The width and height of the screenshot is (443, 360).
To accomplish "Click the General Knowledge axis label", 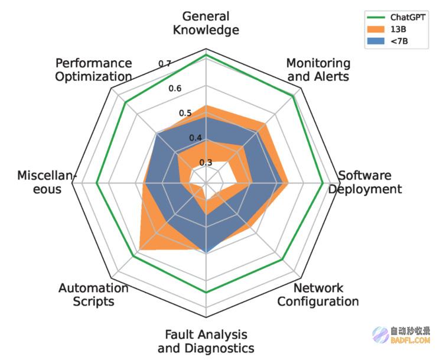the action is (206, 23).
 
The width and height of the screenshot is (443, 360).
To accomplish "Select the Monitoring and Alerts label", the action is (318, 70).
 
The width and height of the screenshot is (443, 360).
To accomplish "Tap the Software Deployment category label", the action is (365, 183).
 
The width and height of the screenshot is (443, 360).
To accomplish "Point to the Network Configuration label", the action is (318, 294).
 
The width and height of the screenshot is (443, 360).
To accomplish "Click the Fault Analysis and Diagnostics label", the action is (206, 341).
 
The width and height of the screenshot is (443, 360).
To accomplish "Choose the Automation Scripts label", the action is (93, 294).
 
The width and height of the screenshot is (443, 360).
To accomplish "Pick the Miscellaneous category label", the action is (47, 183).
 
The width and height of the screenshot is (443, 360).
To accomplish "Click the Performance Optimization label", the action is (93, 70).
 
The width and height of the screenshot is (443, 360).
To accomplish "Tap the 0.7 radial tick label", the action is (164, 64).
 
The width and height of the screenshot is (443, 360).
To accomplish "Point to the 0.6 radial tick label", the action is (175, 89).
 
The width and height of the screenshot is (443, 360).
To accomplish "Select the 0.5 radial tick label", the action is (185, 113).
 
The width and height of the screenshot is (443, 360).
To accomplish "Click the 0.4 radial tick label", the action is (196, 138).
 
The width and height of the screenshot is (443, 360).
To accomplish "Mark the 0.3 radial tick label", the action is (206, 163).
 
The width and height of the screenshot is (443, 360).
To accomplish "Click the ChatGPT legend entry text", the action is (408, 17).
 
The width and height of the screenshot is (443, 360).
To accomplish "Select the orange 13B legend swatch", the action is (376, 29).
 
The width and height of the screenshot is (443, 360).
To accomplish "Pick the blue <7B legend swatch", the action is (376, 41).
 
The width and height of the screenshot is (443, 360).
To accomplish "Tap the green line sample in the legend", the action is (376, 17).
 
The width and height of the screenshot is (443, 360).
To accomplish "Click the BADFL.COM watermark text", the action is (411, 340).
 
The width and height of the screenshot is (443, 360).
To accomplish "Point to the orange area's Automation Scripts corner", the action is (140, 250).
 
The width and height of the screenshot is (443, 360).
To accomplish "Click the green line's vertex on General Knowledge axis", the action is (206, 55).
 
